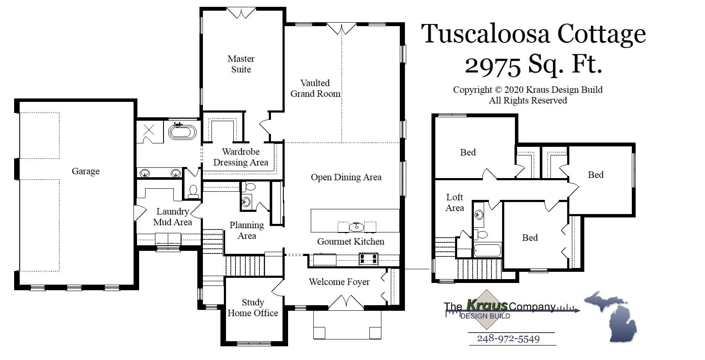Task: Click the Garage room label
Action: point(86,171)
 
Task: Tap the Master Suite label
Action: point(241,64)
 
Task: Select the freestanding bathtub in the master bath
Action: point(182,131)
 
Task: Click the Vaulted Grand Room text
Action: point(315,88)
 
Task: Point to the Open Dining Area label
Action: point(346,177)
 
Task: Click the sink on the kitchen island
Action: point(356,226)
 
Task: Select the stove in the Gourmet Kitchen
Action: point(369,259)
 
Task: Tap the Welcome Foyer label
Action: point(339,282)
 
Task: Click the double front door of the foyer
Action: point(346,303)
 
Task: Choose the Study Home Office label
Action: point(253,308)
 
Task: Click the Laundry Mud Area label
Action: point(173,217)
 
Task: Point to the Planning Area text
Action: point(247,230)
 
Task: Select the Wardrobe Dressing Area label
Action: point(241,157)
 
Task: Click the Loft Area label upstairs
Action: point(454,202)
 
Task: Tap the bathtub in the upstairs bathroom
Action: point(488,250)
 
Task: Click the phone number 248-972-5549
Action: point(508,339)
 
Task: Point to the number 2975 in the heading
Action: point(493,65)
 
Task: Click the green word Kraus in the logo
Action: point(487,305)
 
